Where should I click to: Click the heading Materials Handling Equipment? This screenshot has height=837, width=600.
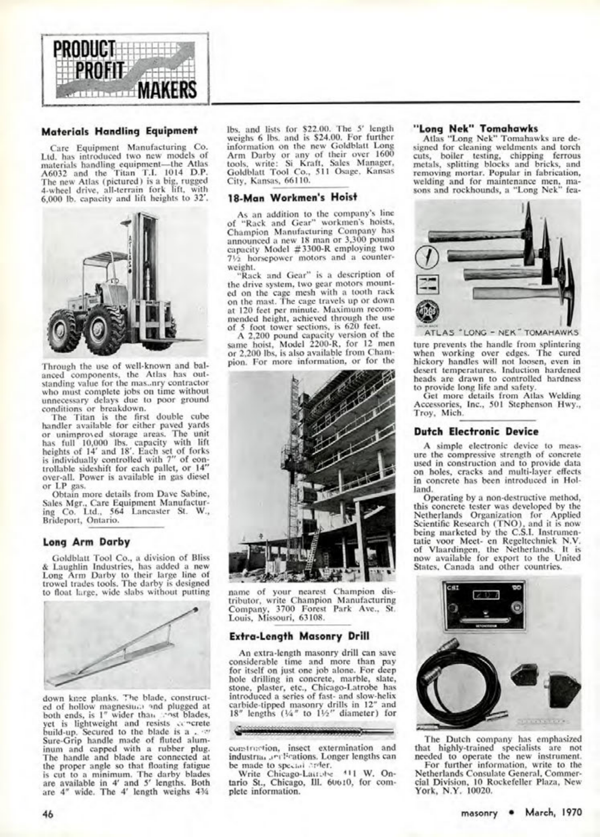point(119,131)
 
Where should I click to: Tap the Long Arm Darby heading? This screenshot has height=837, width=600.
point(87,542)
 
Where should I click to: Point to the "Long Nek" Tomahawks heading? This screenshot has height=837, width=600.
point(476,128)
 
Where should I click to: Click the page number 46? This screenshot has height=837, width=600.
point(47,814)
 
